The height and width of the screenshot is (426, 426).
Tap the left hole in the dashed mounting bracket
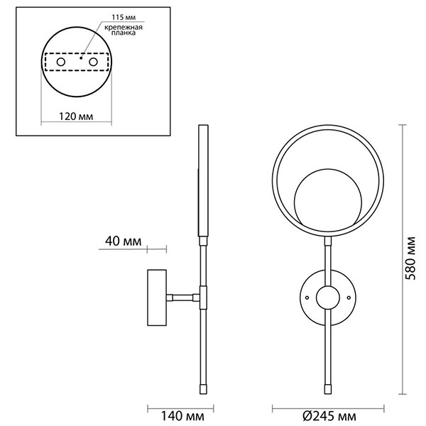click(62, 62)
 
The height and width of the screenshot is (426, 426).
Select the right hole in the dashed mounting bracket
click(92, 62)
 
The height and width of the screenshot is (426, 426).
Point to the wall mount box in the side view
click(157, 298)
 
